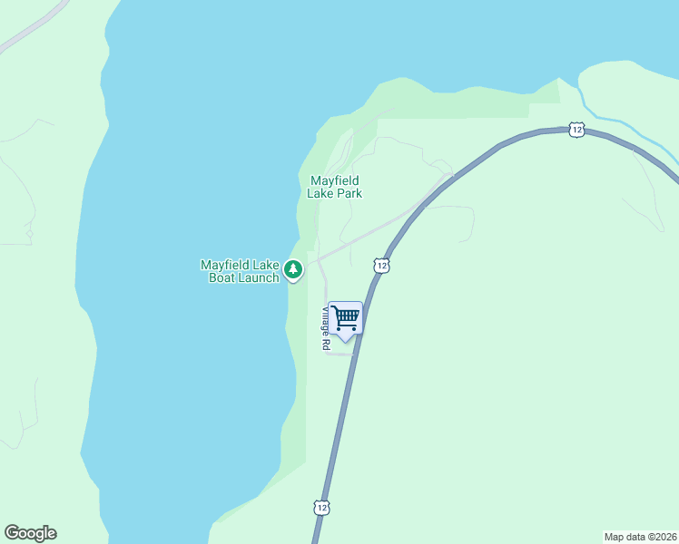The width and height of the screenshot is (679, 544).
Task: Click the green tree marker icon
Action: tap(293, 269)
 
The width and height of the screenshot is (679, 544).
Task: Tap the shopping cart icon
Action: tap(345, 317)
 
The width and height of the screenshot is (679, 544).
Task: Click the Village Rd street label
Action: tap(325, 329)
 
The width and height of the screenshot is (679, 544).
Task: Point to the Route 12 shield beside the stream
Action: tap(576, 130)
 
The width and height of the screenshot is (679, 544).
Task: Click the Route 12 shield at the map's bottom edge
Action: tap(321, 508)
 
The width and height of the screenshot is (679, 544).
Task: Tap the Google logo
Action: tap(30, 533)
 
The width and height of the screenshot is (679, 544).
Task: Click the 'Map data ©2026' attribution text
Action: tap(641, 537)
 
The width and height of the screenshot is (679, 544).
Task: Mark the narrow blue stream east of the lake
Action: tap(626, 124)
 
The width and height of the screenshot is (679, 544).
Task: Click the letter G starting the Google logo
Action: tap(12, 532)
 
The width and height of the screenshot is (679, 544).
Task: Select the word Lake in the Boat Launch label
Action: tap(266, 265)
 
